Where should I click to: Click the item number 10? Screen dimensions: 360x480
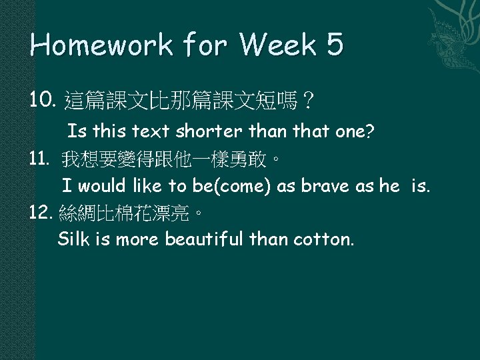[43, 101]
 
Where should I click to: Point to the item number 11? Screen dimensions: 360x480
[41, 159]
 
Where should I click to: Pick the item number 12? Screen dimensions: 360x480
[43, 213]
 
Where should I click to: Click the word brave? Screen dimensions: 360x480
[323, 186]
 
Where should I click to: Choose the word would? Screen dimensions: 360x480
[99, 186]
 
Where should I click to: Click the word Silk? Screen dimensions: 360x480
[73, 239]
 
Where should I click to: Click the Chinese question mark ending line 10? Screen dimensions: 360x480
[308, 102]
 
